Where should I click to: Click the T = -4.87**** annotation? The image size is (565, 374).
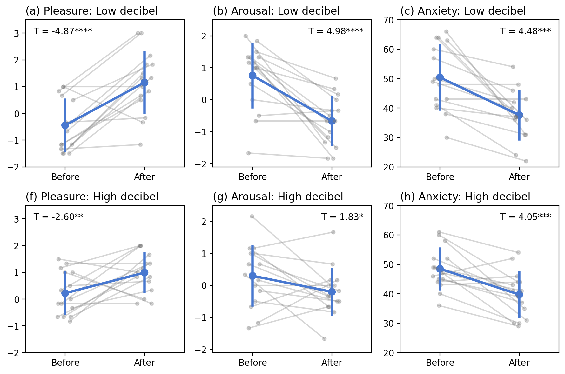[x=63, y=31]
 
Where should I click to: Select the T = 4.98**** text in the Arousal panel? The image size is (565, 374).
[x=335, y=31]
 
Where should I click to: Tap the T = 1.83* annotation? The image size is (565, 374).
[x=342, y=217]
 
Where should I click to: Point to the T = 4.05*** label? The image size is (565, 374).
[x=525, y=217]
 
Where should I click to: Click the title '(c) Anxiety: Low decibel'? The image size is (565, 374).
[x=463, y=11]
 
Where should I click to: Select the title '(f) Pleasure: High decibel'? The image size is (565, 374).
[x=92, y=197]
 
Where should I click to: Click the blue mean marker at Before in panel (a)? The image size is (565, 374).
[x=65, y=125]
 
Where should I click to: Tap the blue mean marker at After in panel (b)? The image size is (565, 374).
[x=332, y=121]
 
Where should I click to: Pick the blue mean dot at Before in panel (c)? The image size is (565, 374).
[x=440, y=77]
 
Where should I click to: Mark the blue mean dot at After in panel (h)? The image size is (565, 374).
[x=519, y=294]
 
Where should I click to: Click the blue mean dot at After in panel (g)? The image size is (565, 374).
[x=332, y=292]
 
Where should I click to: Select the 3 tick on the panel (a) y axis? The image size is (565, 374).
[x=16, y=33]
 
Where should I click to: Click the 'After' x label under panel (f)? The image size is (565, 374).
[x=145, y=363]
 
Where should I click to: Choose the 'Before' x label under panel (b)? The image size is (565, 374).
[x=252, y=177]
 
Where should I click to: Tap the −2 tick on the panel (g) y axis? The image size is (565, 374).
[x=201, y=350]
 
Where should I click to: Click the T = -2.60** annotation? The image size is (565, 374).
[x=58, y=217]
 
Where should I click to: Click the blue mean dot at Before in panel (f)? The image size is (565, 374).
[x=65, y=293]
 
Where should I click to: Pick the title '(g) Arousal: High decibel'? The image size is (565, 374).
[x=278, y=197]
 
